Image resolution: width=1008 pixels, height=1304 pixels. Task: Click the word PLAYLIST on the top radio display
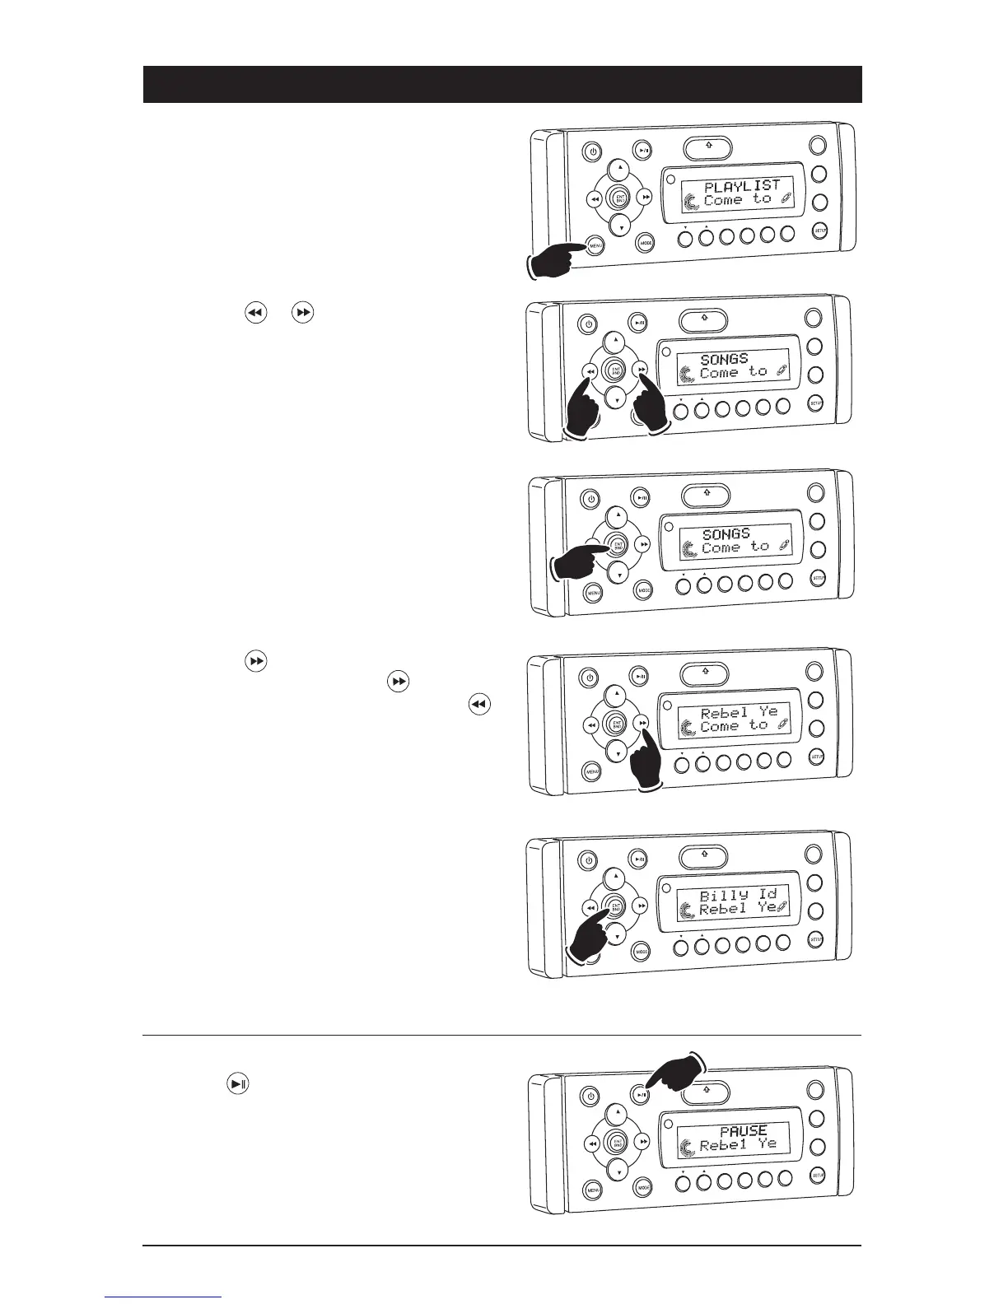741,185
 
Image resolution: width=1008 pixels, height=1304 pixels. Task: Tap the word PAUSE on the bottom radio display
743,1131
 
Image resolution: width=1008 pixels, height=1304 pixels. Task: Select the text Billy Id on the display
738,894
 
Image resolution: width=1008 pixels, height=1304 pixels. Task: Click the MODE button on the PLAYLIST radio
645,243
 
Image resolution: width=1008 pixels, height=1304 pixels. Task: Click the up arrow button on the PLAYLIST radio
620,170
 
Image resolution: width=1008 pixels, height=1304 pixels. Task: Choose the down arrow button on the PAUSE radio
617,1170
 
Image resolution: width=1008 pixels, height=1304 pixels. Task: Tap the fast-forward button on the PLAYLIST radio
646,198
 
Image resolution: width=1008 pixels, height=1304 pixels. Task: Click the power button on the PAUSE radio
590,1096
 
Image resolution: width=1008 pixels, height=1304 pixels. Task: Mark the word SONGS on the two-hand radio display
724,359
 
